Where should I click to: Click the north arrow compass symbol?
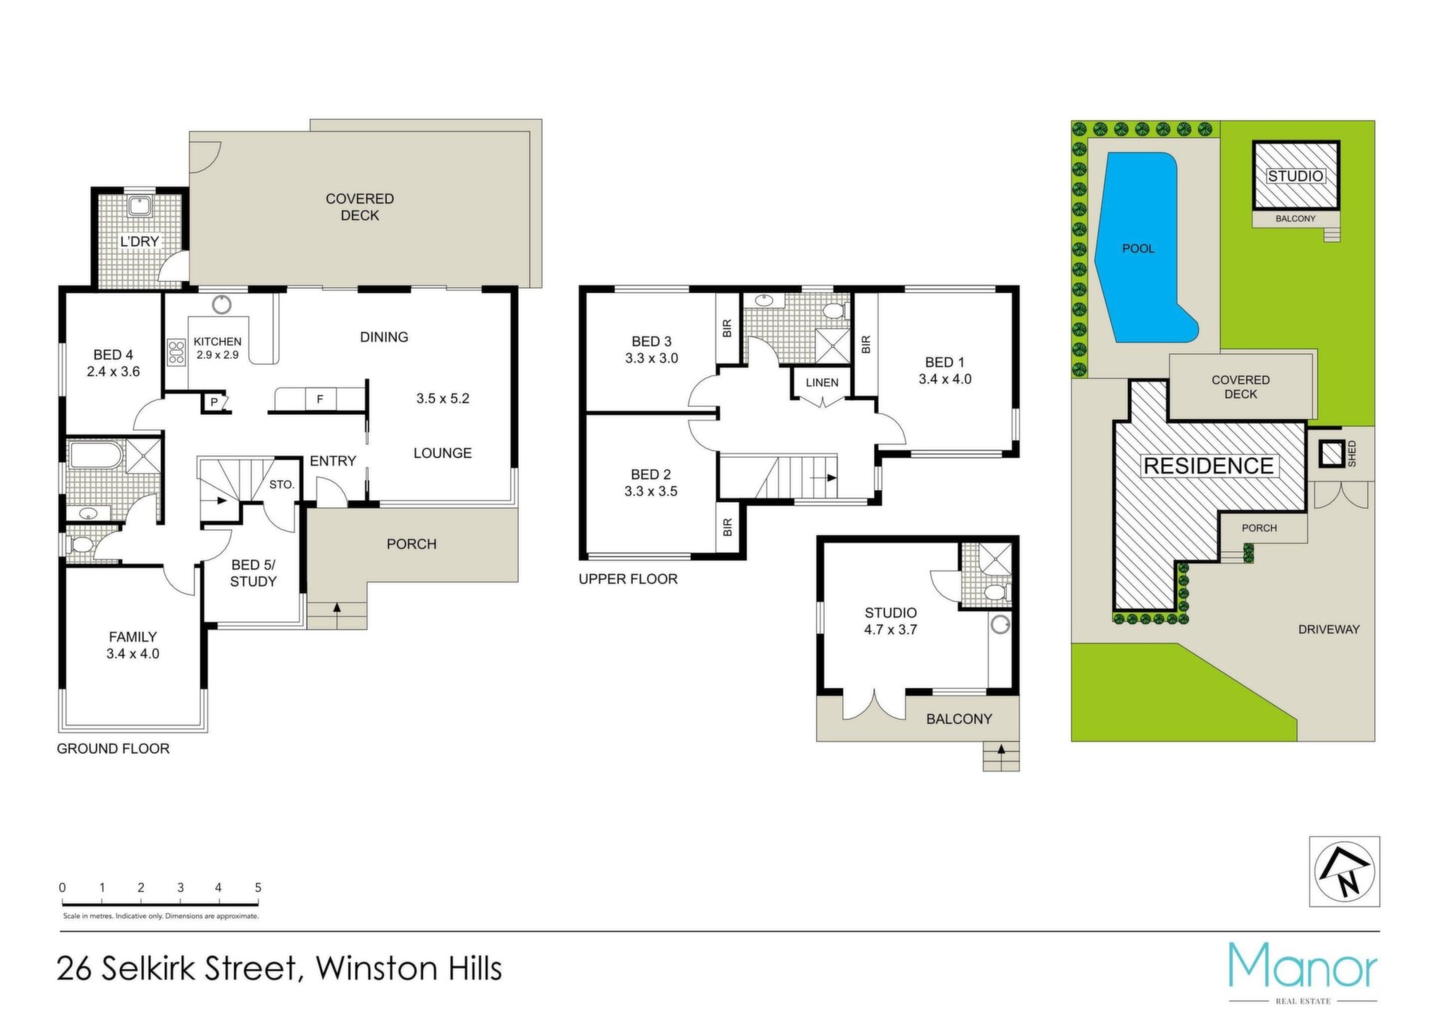pos(1345,872)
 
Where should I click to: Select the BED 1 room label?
pos(944,362)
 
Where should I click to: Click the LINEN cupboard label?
pos(822,382)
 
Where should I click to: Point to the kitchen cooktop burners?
pos(177,352)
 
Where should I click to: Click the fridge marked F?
pos(320,399)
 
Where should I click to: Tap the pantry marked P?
pos(214,402)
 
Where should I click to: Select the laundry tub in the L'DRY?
pos(139,205)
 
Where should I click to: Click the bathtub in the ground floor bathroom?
pos(94,455)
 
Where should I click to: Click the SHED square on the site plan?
pos(1332,453)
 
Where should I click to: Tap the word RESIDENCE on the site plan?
pos(1208,465)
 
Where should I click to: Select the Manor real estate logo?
pos(1303,972)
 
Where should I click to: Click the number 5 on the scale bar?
pos(258,887)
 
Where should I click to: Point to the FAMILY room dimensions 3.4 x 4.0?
pos(133,654)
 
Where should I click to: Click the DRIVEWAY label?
pos(1329,630)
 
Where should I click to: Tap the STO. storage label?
pos(282,485)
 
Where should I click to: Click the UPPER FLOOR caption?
pos(628,579)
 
